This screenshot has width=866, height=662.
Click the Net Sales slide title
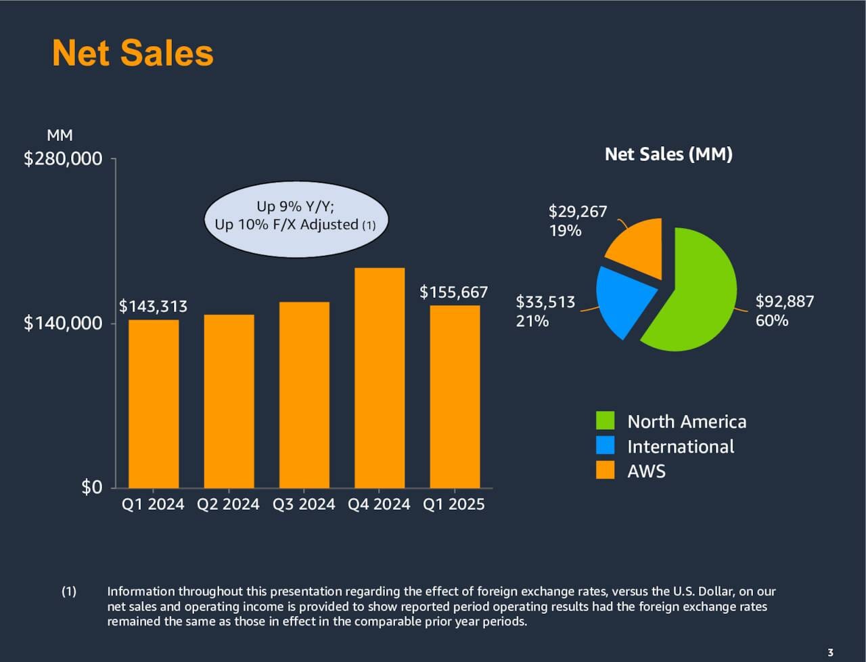tap(133, 53)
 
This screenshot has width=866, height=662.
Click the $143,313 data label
tap(153, 307)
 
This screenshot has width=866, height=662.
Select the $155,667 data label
tap(453, 292)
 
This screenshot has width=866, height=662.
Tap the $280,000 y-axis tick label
tap(63, 158)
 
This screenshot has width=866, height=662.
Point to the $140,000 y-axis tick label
tap(63, 323)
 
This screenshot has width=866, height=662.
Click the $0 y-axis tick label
tap(91, 487)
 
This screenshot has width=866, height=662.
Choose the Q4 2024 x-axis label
tap(379, 504)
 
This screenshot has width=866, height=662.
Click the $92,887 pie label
tap(785, 301)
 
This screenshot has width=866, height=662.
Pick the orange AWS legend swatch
tap(605, 470)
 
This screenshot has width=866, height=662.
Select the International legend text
tap(681, 447)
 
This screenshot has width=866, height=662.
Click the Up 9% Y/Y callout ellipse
tap(296, 219)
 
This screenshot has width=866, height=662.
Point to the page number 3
tap(830, 653)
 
